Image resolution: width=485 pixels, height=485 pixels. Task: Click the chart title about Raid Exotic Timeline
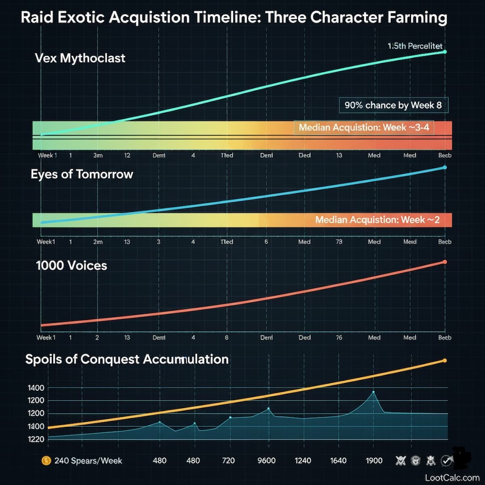pyautogui.click(x=234, y=18)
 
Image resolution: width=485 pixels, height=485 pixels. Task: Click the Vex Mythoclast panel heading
pyautogui.click(x=80, y=58)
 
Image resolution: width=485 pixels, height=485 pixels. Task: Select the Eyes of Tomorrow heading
pyautogui.click(x=82, y=174)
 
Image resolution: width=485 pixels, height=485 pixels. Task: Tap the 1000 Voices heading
pyautogui.click(x=72, y=266)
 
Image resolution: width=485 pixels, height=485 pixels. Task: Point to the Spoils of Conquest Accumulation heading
pyautogui.click(x=127, y=359)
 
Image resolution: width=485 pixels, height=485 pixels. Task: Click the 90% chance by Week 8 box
pyautogui.click(x=393, y=105)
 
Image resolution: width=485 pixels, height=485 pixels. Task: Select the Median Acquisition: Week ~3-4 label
pyautogui.click(x=364, y=128)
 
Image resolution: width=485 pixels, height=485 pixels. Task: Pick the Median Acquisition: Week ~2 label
pyautogui.click(x=377, y=220)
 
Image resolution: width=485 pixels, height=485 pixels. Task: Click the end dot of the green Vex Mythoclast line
pyautogui.click(x=445, y=52)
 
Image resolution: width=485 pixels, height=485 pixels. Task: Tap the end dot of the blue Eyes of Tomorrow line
pyautogui.click(x=445, y=167)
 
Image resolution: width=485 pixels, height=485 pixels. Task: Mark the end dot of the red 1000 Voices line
pyautogui.click(x=445, y=262)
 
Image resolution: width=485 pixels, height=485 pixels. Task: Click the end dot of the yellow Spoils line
pyautogui.click(x=445, y=360)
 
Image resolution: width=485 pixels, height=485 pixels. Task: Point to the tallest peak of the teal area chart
pyautogui.click(x=373, y=392)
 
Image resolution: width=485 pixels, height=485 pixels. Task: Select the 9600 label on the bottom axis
pyautogui.click(x=266, y=461)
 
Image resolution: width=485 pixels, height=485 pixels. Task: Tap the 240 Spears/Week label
pyautogui.click(x=88, y=461)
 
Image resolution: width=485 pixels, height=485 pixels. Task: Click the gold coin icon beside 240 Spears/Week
pyautogui.click(x=46, y=460)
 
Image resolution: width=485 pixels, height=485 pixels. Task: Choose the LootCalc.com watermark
pyautogui.click(x=452, y=477)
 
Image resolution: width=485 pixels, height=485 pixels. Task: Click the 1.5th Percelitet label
pyautogui.click(x=415, y=46)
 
